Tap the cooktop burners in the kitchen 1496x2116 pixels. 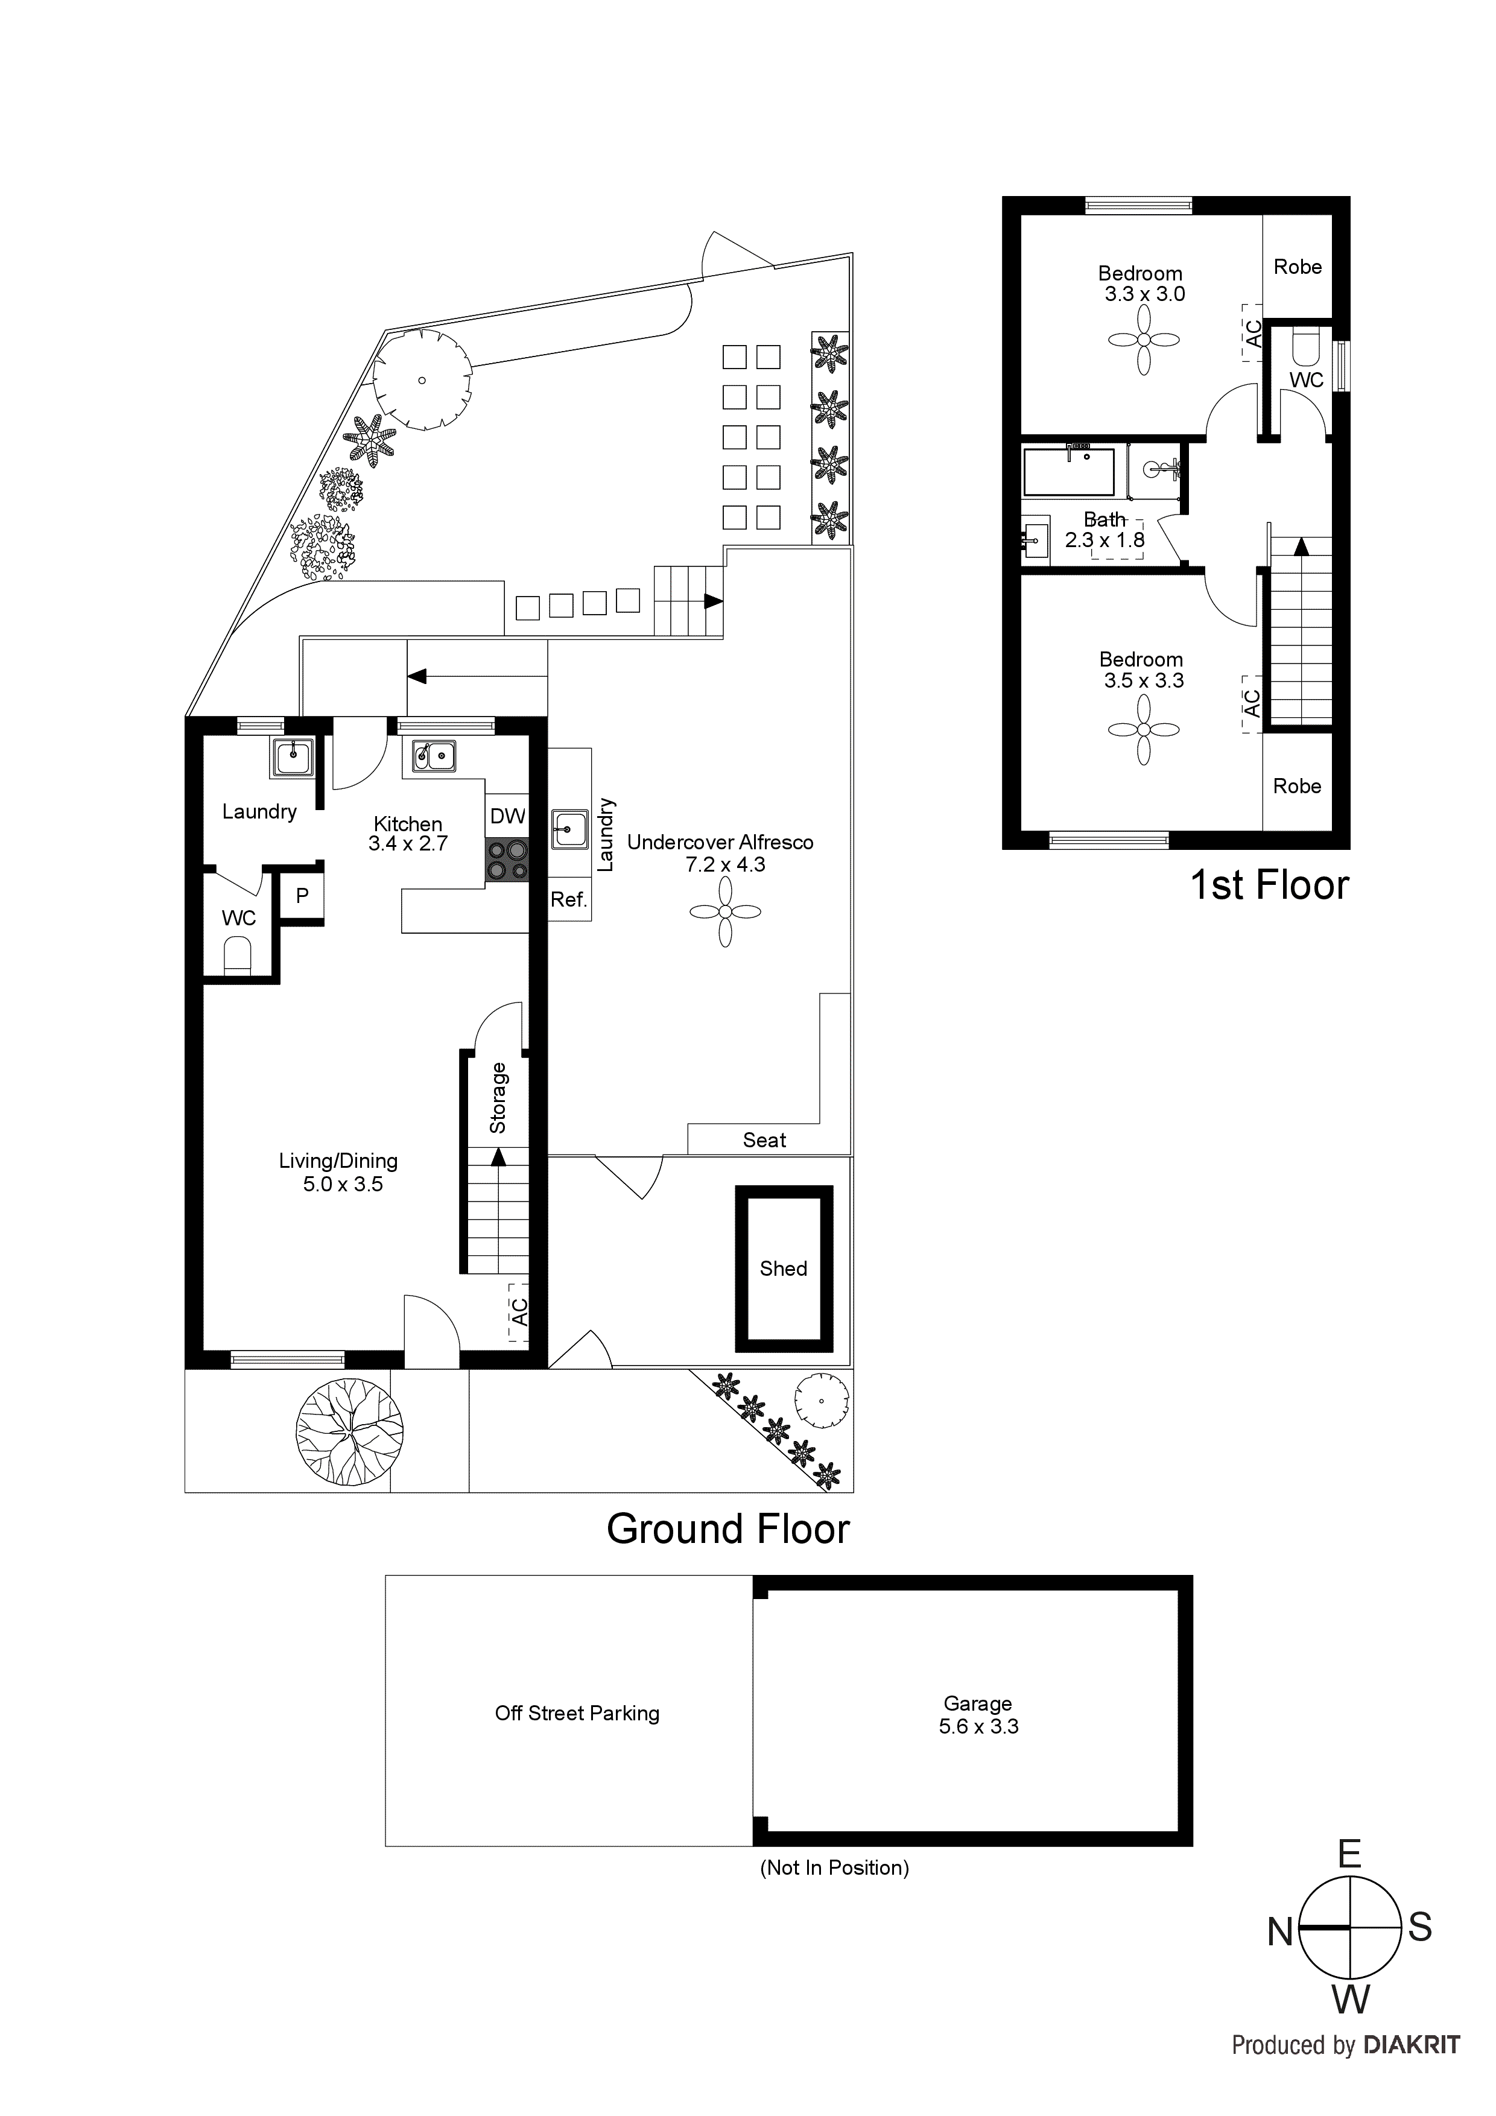pos(507,859)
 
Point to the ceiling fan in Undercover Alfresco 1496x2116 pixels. pos(726,911)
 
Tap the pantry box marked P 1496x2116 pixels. pos(302,896)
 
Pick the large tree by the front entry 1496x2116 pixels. pos(349,1432)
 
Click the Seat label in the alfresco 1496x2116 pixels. pos(764,1140)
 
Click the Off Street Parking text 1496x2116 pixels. pos(577,1713)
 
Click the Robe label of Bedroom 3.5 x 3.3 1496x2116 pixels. pos(1297,786)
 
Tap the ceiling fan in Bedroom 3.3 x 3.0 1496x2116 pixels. pos(1144,340)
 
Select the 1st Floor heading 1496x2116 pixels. pos(1269,885)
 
